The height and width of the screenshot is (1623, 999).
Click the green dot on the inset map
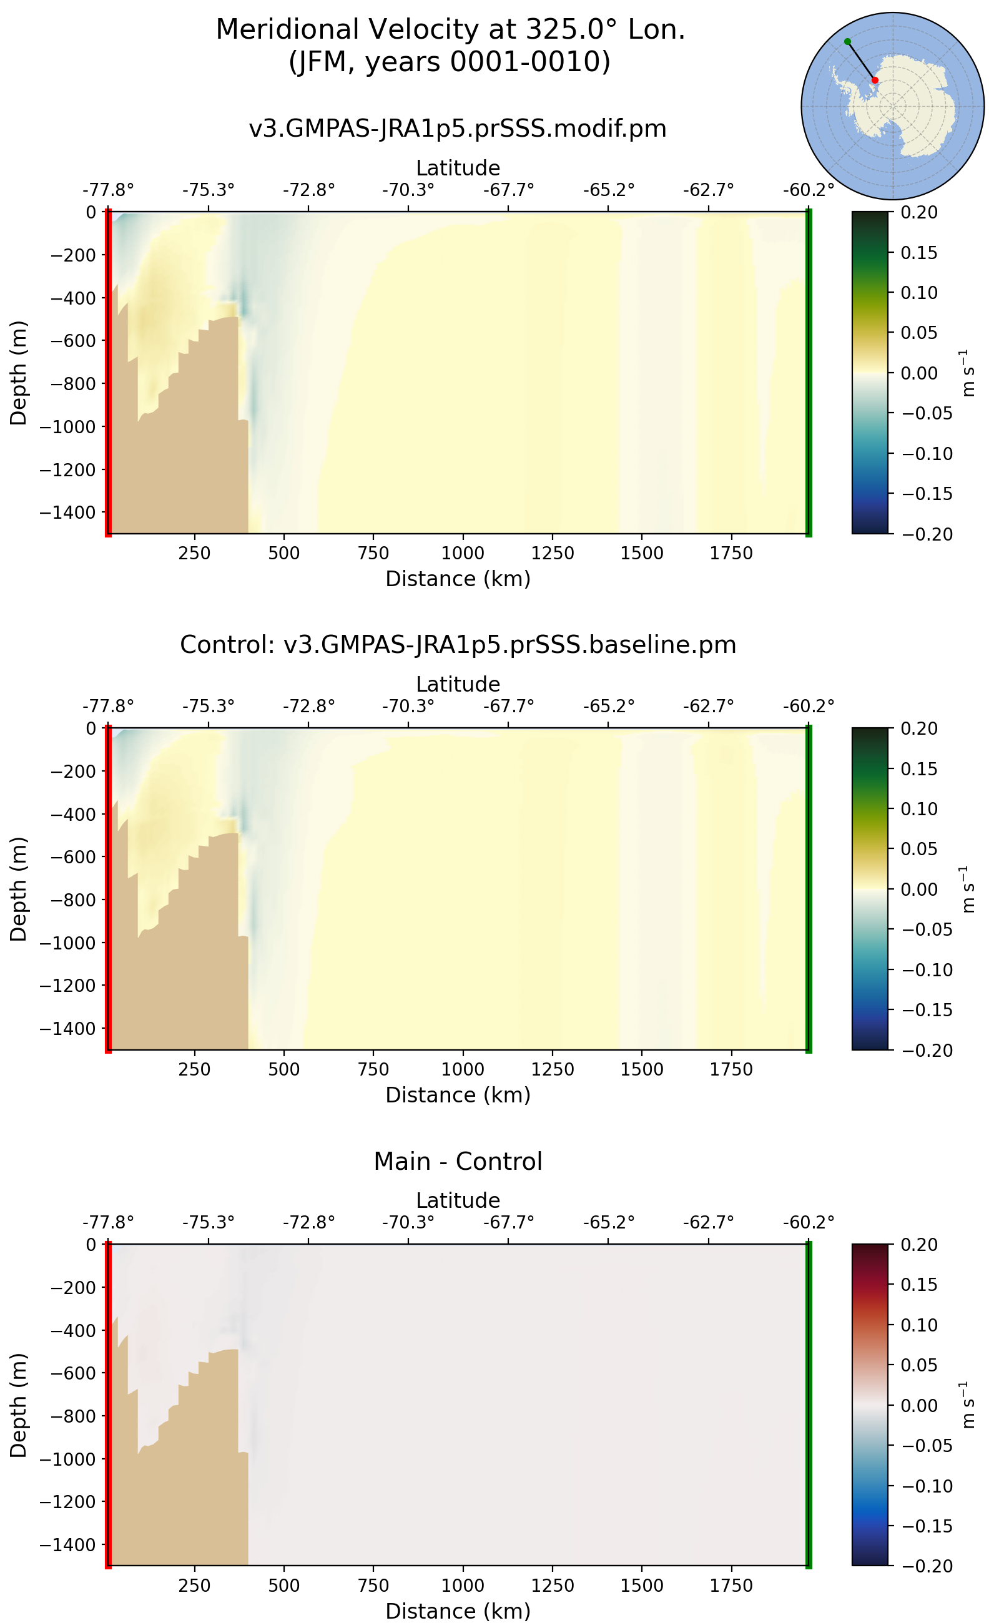pos(848,42)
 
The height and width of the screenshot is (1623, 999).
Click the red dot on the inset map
pos(875,81)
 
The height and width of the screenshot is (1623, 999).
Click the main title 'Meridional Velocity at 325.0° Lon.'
pos(450,30)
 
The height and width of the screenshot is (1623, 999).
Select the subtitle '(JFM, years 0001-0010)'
pos(450,62)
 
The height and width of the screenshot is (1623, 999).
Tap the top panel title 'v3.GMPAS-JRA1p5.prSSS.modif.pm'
pos(457,128)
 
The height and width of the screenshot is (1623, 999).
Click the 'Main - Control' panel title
pos(457,1161)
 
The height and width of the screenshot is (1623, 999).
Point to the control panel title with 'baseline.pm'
pos(457,645)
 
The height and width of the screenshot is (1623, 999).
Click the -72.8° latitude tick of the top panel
pos(308,190)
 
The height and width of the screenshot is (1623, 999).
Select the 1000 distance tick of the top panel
pos(463,553)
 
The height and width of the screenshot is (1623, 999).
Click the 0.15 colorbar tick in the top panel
pos(919,253)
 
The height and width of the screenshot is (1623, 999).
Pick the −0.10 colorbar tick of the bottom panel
pos(927,1486)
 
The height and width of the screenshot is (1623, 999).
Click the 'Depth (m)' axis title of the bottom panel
pos(19,1406)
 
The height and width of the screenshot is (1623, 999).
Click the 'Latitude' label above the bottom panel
pos(457,1200)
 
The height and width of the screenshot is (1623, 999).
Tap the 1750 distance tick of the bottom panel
pos(731,1586)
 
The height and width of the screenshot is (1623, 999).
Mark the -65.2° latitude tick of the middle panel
pos(608,706)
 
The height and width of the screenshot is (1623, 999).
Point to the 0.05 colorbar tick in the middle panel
pos(919,849)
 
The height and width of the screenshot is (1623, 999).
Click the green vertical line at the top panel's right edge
pos(809,373)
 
